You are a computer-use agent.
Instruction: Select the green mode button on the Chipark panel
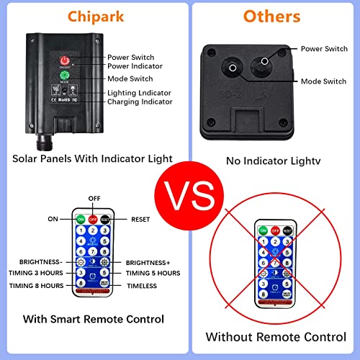(x=64, y=75)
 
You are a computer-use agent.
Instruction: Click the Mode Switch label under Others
(x=327, y=81)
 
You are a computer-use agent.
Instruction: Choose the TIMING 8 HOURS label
(x=37, y=285)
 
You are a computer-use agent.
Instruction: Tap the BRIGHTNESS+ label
(x=153, y=262)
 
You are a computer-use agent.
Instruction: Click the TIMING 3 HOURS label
(x=37, y=274)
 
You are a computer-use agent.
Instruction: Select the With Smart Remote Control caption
(x=93, y=318)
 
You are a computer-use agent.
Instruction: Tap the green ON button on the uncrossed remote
(x=81, y=220)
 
